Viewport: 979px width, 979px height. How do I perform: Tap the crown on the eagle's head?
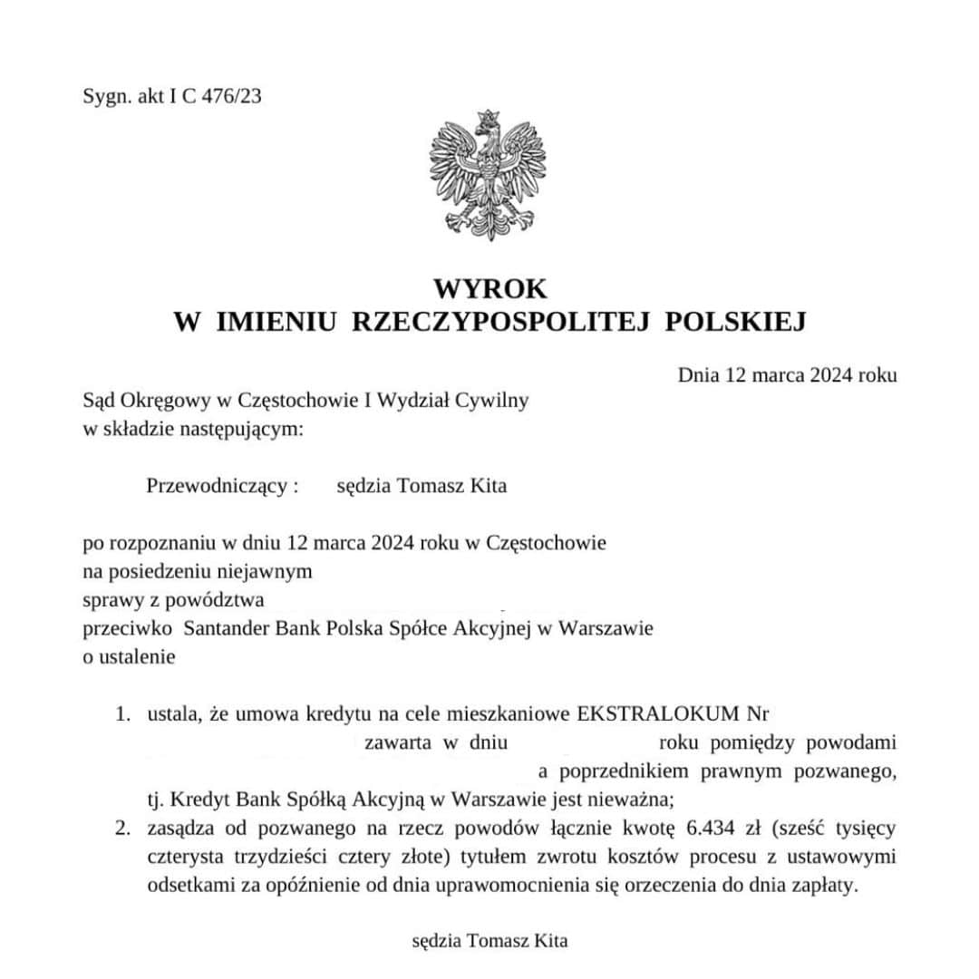(489, 118)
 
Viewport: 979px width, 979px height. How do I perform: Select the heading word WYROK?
(489, 289)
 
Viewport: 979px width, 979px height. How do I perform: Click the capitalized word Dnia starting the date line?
(698, 374)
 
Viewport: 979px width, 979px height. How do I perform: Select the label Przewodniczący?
(218, 486)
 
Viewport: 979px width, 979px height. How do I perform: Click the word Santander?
(217, 628)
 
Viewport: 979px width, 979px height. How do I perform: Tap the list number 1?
(121, 714)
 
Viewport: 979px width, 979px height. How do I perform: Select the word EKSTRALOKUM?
(656, 714)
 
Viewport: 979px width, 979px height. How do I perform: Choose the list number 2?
(122, 828)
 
